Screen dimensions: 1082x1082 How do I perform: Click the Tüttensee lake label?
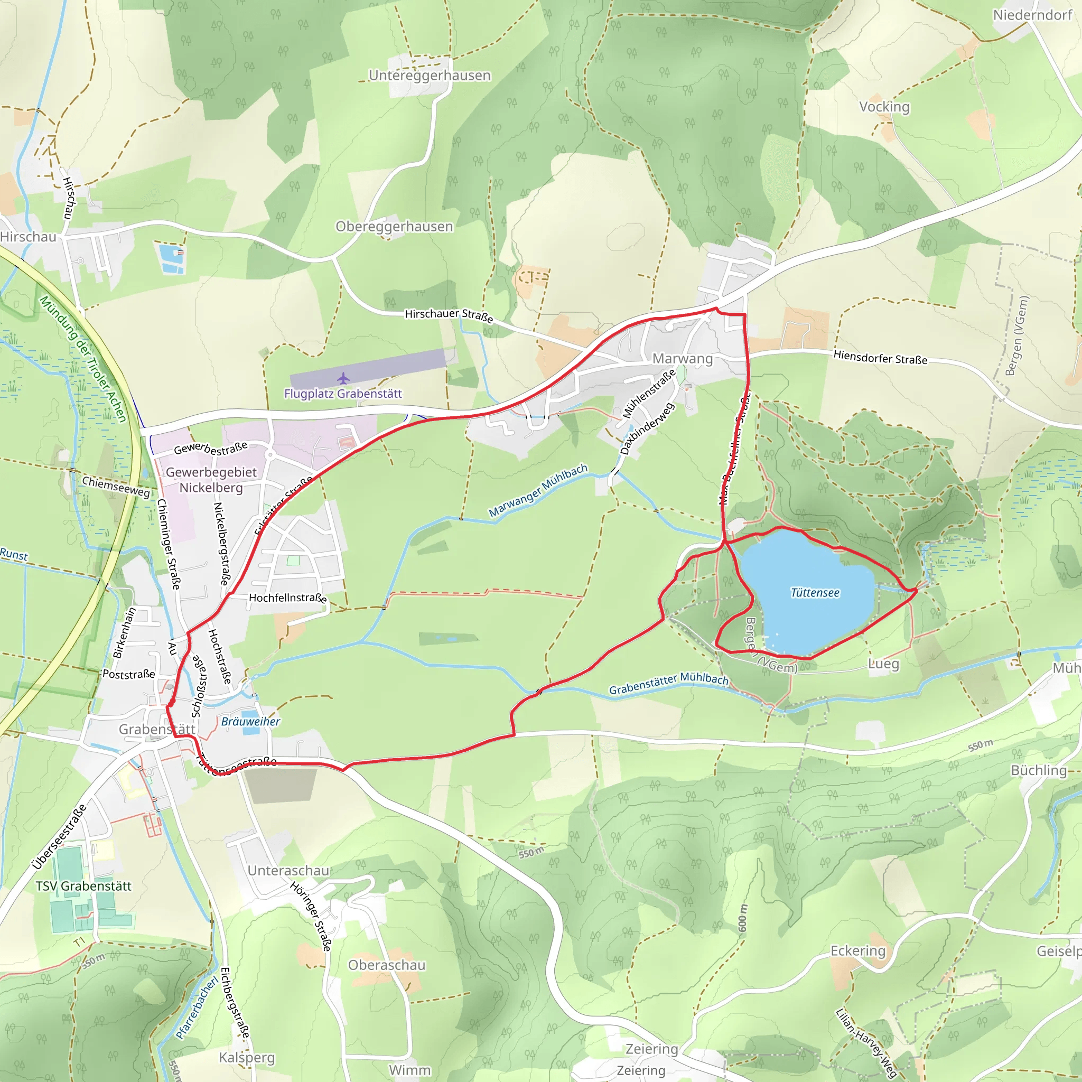pyautogui.click(x=815, y=593)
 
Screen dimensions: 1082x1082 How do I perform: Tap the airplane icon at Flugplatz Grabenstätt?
pyautogui.click(x=343, y=379)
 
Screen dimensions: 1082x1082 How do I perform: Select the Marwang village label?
pyautogui.click(x=683, y=358)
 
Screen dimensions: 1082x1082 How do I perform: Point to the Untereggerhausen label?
pyautogui.click(x=430, y=76)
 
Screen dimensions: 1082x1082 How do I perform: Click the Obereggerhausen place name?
pyautogui.click(x=394, y=226)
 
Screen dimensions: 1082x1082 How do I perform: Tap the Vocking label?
pyautogui.click(x=884, y=106)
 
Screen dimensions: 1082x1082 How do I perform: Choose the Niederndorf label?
pyautogui.click(x=1033, y=15)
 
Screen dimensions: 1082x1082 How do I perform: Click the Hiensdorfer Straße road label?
pyautogui.click(x=880, y=357)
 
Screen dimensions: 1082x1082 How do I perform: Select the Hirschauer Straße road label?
pyautogui.click(x=449, y=315)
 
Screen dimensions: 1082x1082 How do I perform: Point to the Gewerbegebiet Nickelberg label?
pyautogui.click(x=211, y=480)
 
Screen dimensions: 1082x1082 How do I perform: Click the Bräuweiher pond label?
pyautogui.click(x=250, y=721)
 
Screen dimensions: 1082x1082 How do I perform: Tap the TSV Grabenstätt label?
pyautogui.click(x=83, y=886)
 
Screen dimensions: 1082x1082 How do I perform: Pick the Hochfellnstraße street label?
pyautogui.click(x=288, y=598)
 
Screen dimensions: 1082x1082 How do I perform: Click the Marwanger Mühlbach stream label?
pyautogui.click(x=538, y=490)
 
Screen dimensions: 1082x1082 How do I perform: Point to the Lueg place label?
pyautogui.click(x=883, y=664)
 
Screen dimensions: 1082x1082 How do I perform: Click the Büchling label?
pyautogui.click(x=1039, y=770)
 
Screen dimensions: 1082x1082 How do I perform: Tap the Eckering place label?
pyautogui.click(x=858, y=950)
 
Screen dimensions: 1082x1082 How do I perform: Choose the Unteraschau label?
pyautogui.click(x=288, y=870)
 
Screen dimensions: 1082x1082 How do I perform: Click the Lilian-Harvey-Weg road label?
pyautogui.click(x=866, y=1043)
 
